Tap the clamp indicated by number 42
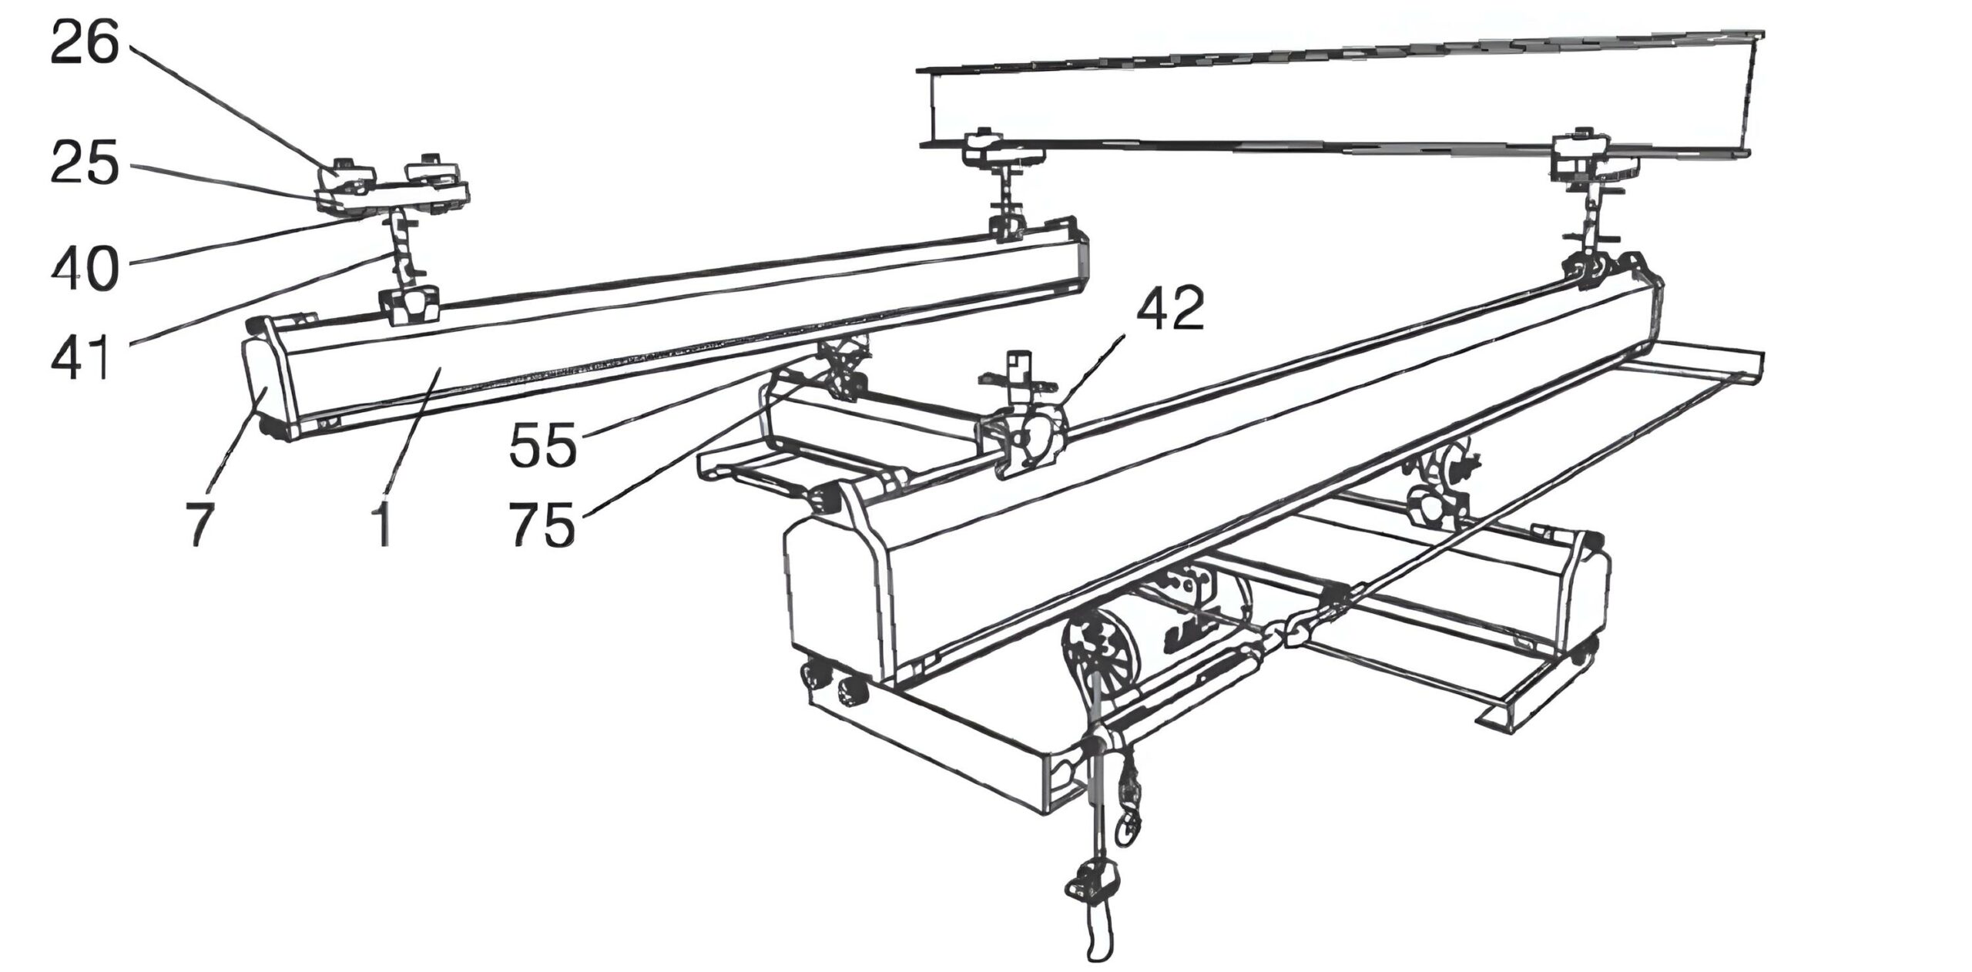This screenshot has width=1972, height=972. pos(1021,439)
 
